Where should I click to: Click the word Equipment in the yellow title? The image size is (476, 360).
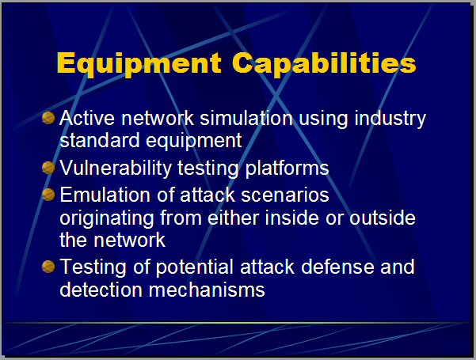(139, 64)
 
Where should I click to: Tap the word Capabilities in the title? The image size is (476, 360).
(324, 63)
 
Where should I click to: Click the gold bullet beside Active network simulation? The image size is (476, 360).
(48, 118)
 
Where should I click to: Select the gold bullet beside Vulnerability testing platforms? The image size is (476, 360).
(48, 168)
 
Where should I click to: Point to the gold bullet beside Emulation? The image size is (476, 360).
(48, 195)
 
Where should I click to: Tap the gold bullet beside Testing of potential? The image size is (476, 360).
(48, 267)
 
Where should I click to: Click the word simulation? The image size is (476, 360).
(246, 118)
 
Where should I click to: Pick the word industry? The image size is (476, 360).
(390, 119)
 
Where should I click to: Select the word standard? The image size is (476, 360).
(100, 140)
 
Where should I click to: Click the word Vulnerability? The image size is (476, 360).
(116, 169)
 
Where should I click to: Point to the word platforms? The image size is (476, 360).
(287, 169)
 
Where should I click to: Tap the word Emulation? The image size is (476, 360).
(105, 195)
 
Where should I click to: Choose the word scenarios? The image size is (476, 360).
(285, 195)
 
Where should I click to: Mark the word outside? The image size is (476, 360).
(383, 218)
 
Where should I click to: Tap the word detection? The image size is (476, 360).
(101, 290)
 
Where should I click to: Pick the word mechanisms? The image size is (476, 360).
(207, 290)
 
